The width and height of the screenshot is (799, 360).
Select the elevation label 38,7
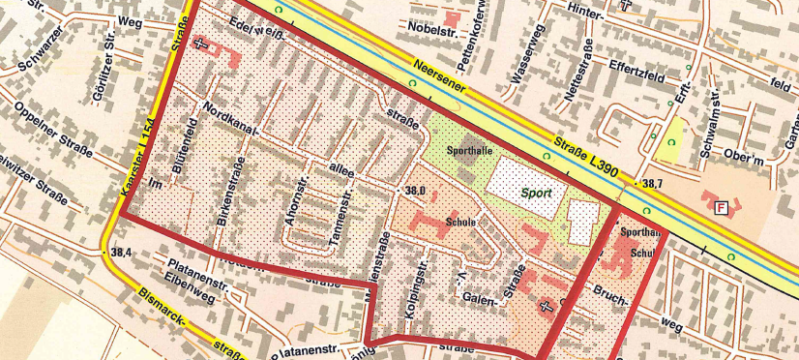[651, 183]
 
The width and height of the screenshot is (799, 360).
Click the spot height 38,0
[416, 192]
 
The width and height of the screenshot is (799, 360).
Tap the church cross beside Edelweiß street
[200, 44]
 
